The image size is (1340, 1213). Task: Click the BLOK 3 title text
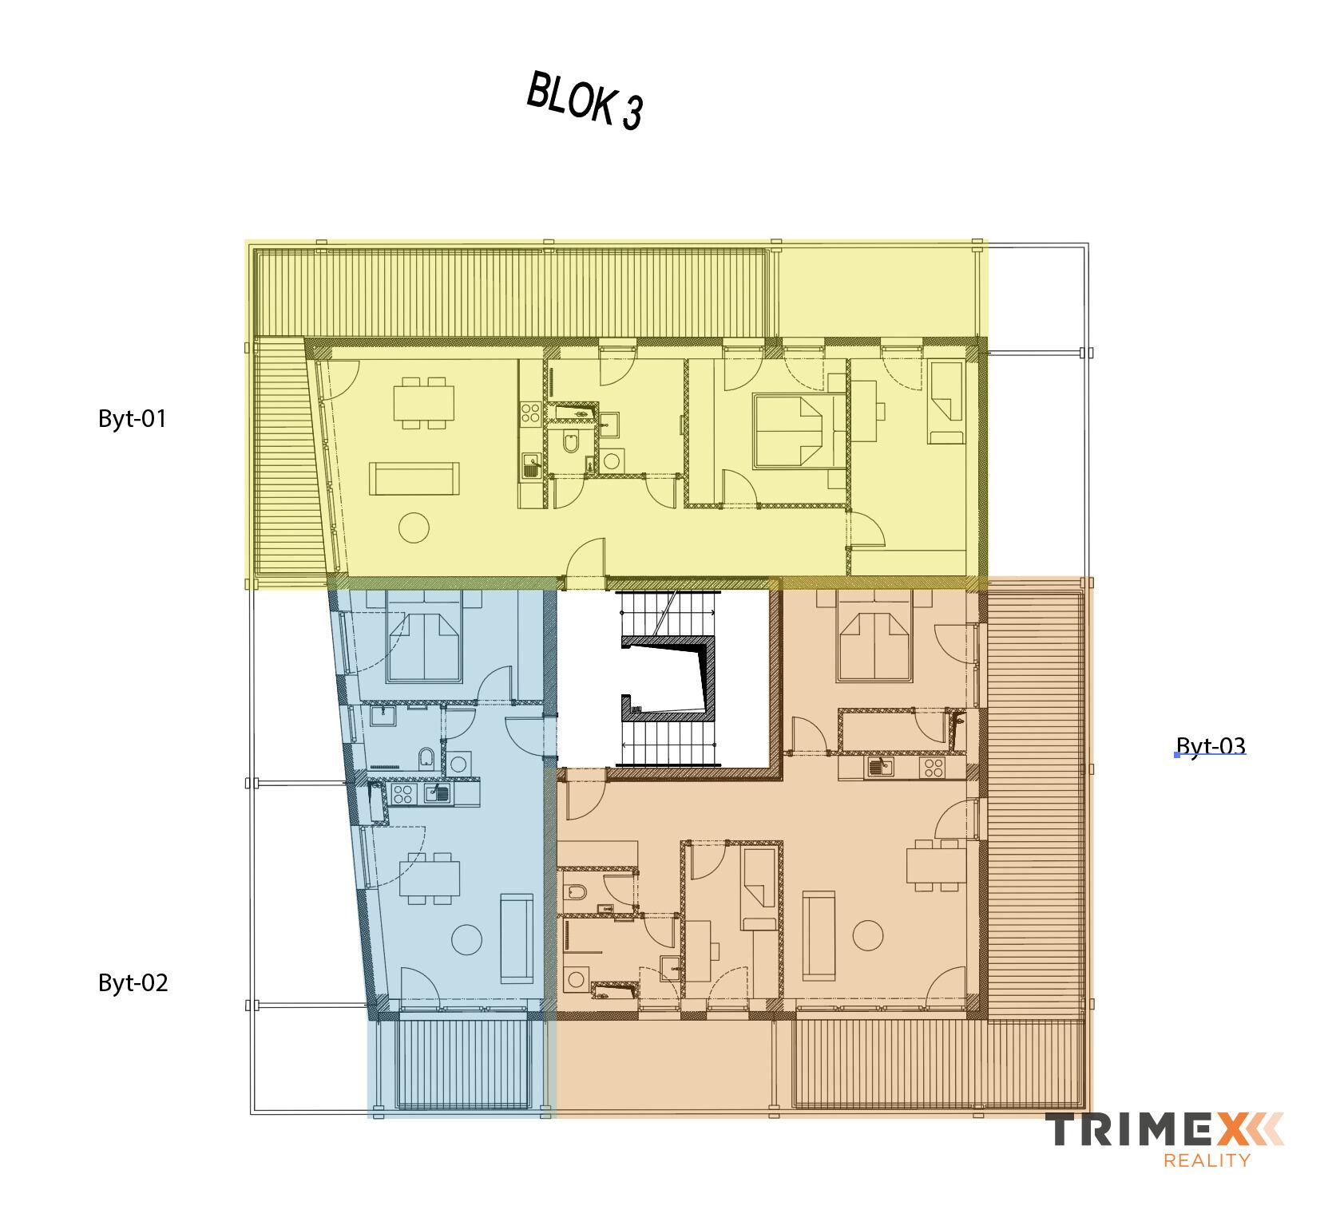585,101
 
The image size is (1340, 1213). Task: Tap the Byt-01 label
133,419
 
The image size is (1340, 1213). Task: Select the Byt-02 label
133,982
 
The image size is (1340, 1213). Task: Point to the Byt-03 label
1211,746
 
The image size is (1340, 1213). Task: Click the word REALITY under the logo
1207,1160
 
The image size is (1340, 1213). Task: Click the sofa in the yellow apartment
414,479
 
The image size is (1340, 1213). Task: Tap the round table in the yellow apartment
414,527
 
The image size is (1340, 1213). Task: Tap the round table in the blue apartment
466,939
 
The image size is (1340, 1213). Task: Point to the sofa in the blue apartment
516,939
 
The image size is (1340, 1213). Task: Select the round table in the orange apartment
867,934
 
